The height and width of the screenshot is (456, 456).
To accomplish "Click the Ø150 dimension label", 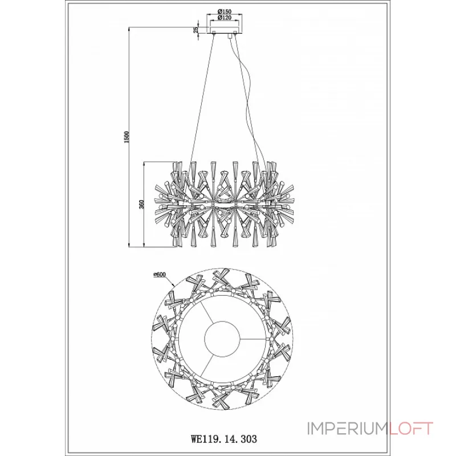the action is (x=224, y=11).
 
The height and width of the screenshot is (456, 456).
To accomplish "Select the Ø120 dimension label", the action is (x=224, y=18).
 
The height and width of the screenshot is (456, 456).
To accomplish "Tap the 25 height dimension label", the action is (x=196, y=30).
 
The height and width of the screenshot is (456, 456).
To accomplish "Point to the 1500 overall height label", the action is (x=126, y=137).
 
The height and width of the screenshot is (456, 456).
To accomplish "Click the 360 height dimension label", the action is (x=141, y=205).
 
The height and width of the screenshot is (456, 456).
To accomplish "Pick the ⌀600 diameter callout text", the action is (x=160, y=275).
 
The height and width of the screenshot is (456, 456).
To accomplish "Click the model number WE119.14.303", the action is (x=224, y=438).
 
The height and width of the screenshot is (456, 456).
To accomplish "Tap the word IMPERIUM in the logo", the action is (x=348, y=429).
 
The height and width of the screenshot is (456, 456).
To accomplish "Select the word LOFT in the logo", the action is (x=411, y=429).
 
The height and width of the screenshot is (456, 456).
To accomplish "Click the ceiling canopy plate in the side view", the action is (x=224, y=30).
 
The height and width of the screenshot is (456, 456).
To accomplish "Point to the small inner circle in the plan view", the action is (x=222, y=338).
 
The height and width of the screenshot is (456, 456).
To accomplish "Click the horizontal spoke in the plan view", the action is (x=253, y=339).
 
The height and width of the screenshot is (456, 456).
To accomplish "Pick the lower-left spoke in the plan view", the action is (x=207, y=364).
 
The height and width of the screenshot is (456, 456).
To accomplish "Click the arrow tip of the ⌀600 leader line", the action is (x=174, y=287).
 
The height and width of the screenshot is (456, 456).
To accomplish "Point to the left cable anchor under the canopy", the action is (x=214, y=32).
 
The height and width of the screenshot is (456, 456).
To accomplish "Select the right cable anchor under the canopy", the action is (x=235, y=32).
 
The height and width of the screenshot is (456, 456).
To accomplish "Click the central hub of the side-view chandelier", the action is (x=224, y=204).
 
